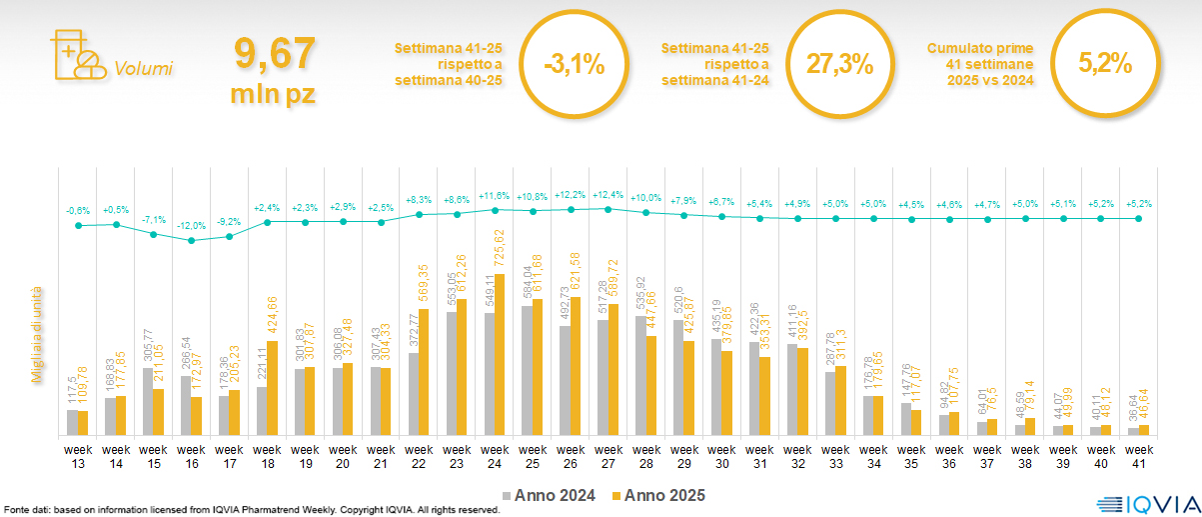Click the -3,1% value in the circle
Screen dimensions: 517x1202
pyautogui.click(x=575, y=66)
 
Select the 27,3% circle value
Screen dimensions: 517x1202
pyautogui.click(x=839, y=66)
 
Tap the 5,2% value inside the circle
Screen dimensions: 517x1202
pyautogui.click(x=1105, y=66)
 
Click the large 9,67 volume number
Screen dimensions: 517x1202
pyautogui.click(x=274, y=52)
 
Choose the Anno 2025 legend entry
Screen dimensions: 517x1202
pyautogui.click(x=658, y=495)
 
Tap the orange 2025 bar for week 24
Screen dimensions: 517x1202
pyautogui.click(x=500, y=355)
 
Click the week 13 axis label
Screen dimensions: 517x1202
pyautogui.click(x=78, y=456)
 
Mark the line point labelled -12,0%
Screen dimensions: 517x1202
pyautogui.click(x=192, y=240)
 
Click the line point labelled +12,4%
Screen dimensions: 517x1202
pyautogui.click(x=607, y=208)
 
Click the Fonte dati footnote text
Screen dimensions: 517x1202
pyautogui.click(x=250, y=510)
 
